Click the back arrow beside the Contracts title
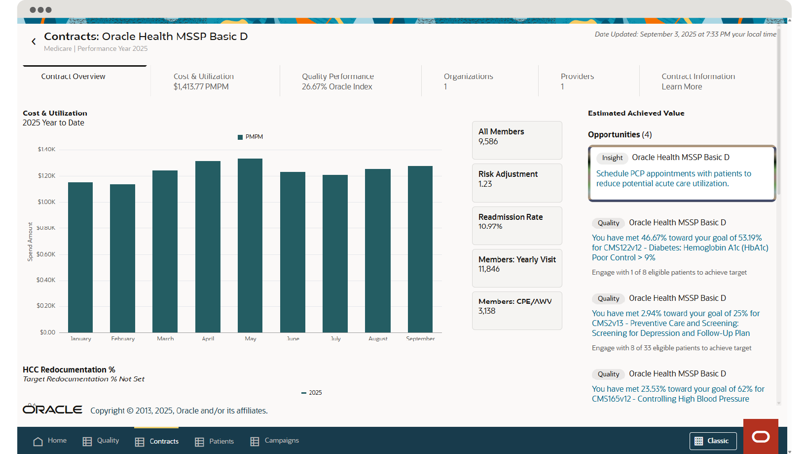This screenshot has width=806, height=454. [x=34, y=41]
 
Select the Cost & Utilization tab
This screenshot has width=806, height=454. [x=204, y=82]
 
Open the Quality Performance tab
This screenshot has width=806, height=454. [x=338, y=82]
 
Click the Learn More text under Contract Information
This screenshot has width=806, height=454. [x=682, y=87]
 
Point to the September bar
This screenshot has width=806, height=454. [x=420, y=249]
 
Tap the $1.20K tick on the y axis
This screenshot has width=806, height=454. [x=46, y=176]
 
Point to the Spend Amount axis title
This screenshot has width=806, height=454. [x=30, y=242]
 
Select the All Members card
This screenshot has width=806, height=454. [x=517, y=140]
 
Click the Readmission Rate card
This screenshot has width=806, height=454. [x=517, y=225]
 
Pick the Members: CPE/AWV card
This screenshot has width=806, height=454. [x=517, y=310]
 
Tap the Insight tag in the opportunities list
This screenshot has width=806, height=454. [x=612, y=158]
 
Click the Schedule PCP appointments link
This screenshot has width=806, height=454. [x=673, y=178]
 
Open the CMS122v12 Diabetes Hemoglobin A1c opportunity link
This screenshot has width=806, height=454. [x=680, y=248]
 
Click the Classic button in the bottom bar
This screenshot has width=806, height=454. [x=713, y=441]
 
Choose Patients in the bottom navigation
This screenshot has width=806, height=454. [x=215, y=441]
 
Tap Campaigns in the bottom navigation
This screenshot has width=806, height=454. [x=275, y=441]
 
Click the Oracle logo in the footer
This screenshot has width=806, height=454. [x=52, y=410]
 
